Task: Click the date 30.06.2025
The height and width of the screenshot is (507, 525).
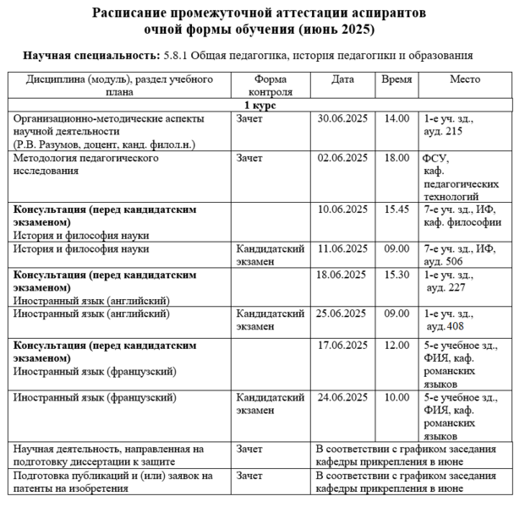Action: tap(343, 118)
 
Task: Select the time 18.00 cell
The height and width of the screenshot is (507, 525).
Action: tap(396, 157)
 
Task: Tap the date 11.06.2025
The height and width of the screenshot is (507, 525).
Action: tap(343, 248)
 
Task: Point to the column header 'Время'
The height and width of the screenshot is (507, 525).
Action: tap(396, 79)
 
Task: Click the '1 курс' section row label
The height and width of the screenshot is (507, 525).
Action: tap(260, 106)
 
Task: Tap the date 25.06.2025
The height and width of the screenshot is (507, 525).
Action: tap(343, 313)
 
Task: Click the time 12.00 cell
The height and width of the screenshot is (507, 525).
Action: tap(396, 346)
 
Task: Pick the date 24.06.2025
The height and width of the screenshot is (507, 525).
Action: tap(343, 396)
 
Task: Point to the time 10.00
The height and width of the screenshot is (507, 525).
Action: tap(396, 396)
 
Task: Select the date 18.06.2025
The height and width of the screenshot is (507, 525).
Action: tap(343, 275)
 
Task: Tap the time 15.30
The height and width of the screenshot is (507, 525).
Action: tap(396, 275)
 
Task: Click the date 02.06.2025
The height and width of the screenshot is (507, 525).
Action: tap(343, 157)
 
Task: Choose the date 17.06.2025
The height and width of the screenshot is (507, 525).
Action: tap(343, 346)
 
